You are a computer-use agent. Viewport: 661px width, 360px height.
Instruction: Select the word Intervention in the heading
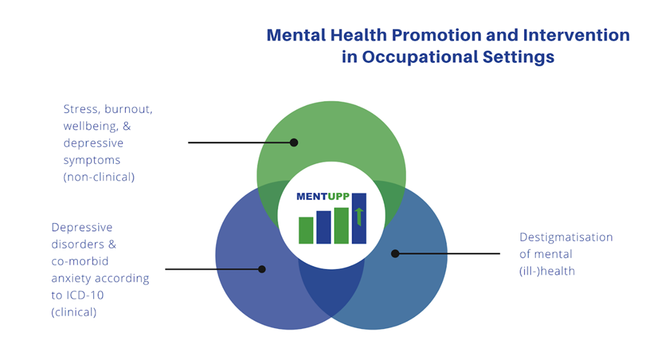pyautogui.click(x=576, y=35)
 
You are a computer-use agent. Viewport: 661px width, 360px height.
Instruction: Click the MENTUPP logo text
pyautogui.click(x=323, y=196)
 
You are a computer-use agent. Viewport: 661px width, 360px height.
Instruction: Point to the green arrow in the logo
pyautogui.click(x=359, y=217)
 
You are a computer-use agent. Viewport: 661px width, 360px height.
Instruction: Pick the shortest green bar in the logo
pyautogui.click(x=306, y=230)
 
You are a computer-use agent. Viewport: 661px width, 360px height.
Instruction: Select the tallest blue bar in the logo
pyautogui.click(x=359, y=218)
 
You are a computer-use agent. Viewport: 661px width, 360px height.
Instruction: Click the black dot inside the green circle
pyautogui.click(x=294, y=143)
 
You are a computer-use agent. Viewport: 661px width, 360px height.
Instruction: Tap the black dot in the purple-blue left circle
pyautogui.click(x=262, y=269)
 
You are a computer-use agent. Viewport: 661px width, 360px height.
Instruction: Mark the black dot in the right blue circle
pyautogui.click(x=395, y=253)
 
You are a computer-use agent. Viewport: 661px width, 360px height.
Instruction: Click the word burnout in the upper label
pyautogui.click(x=129, y=109)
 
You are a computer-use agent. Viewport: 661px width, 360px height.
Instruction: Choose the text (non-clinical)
pyautogui.click(x=99, y=177)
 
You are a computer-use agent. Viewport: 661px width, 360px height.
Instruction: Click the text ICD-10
pyautogui.click(x=84, y=295)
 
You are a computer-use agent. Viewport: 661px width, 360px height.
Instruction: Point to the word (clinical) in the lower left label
pyautogui.click(x=73, y=313)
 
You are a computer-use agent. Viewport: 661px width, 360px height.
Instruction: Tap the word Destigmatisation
pyautogui.click(x=566, y=237)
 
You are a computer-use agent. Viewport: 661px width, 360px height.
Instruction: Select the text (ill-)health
pyautogui.click(x=547, y=271)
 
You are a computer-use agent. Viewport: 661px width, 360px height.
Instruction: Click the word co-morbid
pyautogui.click(x=80, y=261)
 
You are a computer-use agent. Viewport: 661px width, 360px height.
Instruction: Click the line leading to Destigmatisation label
pyautogui.click(x=448, y=253)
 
